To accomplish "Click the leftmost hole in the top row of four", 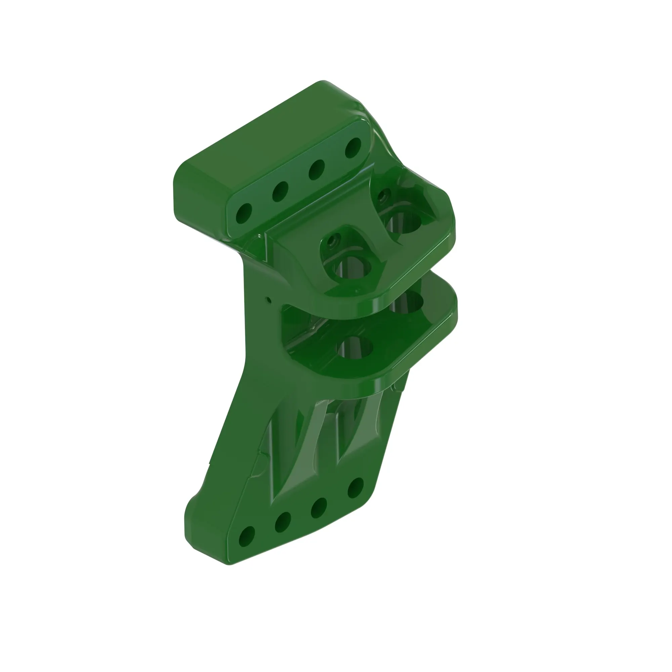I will pos(244,213).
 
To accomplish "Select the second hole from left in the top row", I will pos(280,191).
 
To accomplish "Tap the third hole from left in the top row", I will pos(317,169).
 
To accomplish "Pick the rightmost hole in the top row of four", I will pos(353,148).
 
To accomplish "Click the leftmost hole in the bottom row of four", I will pos(247,537).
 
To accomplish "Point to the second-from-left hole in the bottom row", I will pos(283,522).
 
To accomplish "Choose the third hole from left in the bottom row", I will pos(319,507).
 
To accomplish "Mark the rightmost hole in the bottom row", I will pos(355,488).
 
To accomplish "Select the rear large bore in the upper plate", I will pos(404,223).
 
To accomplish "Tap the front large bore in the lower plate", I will pos(355,347).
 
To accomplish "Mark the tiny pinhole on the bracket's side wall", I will pos(268,299).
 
